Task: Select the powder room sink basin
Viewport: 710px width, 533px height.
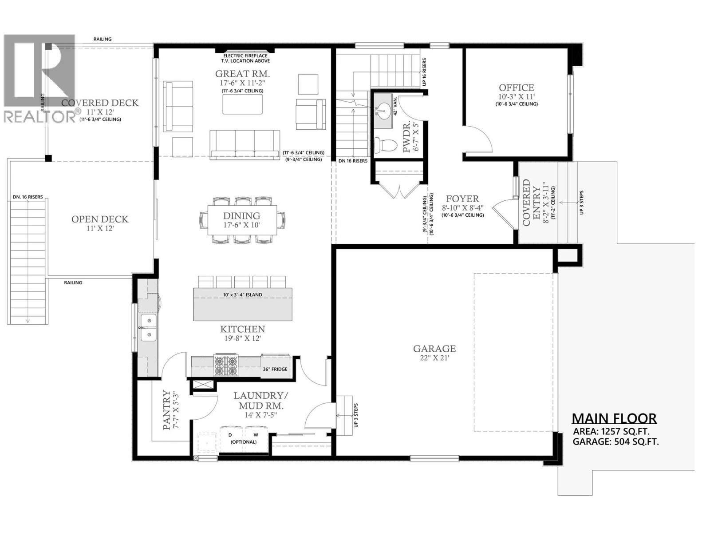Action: (383, 109)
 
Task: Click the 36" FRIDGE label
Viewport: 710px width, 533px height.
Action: (275, 369)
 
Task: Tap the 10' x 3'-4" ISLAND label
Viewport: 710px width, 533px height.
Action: (242, 295)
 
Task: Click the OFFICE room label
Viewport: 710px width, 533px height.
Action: (516, 88)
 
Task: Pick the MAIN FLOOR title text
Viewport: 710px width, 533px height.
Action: (614, 418)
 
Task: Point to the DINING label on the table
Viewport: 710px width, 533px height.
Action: (241, 215)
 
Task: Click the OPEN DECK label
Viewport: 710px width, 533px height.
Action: (100, 219)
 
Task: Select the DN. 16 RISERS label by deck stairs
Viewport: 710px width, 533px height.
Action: (28, 197)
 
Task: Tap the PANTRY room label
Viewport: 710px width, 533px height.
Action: (166, 410)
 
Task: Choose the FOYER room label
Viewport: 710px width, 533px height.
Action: (462, 199)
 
